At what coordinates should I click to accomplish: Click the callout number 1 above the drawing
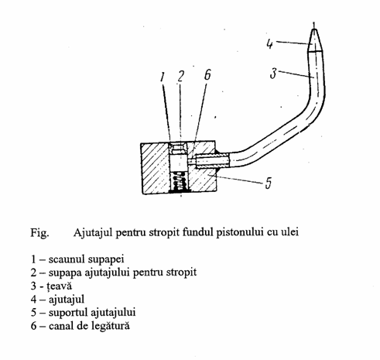(162, 77)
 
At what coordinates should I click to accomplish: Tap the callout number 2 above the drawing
(180, 76)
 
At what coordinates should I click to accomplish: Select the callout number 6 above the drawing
(207, 74)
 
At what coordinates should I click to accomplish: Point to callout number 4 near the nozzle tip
(269, 44)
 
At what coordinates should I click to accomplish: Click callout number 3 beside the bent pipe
(273, 74)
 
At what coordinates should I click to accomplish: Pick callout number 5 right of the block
(269, 183)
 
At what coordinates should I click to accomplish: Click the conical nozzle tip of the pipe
(315, 40)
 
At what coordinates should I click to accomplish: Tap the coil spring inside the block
(180, 181)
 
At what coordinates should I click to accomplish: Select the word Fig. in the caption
(39, 233)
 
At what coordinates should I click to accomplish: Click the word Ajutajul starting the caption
(93, 232)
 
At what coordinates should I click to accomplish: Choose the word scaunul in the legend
(67, 259)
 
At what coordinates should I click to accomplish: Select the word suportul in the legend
(67, 313)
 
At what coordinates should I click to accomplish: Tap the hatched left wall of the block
(155, 168)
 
